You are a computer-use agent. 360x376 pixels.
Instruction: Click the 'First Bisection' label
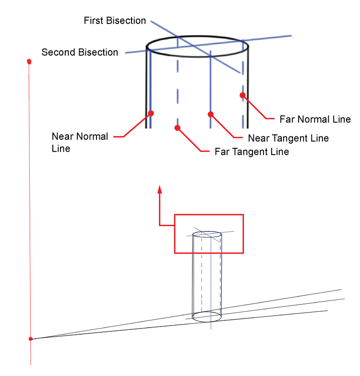pos(115,21)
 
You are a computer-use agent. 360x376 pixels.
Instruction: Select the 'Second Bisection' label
pos(80,52)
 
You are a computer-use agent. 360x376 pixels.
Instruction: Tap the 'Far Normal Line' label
pos(315,119)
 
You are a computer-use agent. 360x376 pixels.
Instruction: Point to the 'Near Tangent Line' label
pos(288,138)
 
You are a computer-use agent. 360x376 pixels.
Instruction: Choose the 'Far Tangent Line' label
pos(252,152)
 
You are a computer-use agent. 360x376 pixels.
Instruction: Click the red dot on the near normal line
pos(151,113)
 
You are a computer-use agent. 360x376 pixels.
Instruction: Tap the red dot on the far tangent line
pos(178,128)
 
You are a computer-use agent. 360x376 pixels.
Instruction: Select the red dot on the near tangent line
pos(210,114)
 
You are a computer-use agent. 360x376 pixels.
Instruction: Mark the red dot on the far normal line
pos(243,95)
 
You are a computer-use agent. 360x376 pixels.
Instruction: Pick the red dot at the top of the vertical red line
pos(29,61)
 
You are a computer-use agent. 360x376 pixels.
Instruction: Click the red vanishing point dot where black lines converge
pos(31,339)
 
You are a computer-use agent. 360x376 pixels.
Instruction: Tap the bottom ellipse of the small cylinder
pos(207,317)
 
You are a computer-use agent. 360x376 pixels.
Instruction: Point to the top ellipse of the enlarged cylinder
pos(197,48)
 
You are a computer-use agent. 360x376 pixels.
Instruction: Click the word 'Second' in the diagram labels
pos(57,52)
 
